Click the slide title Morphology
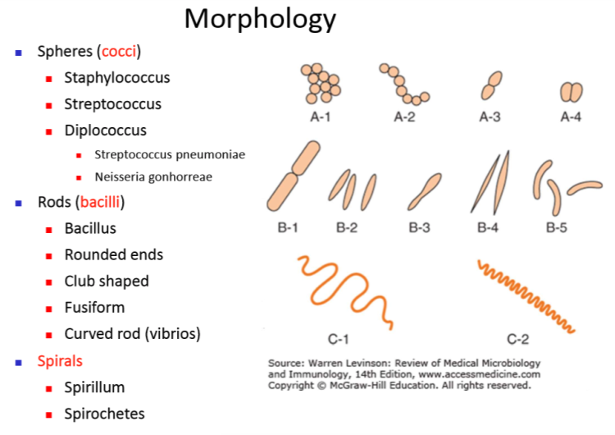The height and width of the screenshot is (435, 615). pyautogui.click(x=260, y=18)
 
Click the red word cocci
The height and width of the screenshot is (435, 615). pyautogui.click(x=119, y=52)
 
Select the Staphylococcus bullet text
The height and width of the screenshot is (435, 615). pyautogui.click(x=117, y=78)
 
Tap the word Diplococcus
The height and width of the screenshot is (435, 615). pyautogui.click(x=106, y=130)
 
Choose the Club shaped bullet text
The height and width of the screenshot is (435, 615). pyautogui.click(x=107, y=281)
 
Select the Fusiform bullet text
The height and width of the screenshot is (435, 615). pyautogui.click(x=95, y=307)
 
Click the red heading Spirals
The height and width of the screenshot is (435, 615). pyautogui.click(x=60, y=360)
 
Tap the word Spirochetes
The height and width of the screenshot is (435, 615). pyautogui.click(x=104, y=413)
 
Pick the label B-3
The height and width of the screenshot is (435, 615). pyautogui.click(x=420, y=227)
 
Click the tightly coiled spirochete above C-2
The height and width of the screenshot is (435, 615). pyautogui.click(x=525, y=295)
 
